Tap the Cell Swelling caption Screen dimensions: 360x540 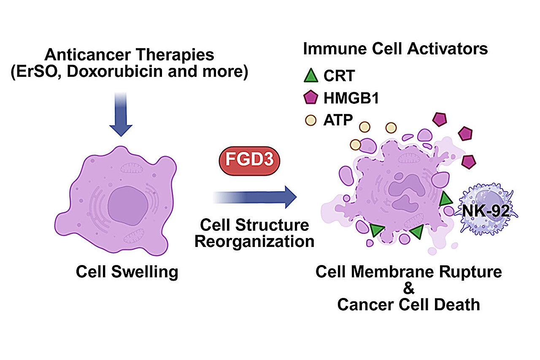(x=127, y=272)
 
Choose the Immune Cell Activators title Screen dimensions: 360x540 (x=395, y=49)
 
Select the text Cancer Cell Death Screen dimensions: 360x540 (x=409, y=304)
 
